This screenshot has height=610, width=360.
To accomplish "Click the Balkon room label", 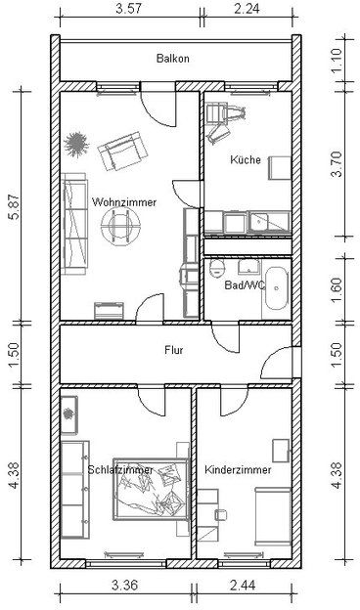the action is coord(173,59).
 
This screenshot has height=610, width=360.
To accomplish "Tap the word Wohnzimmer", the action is coord(124,202).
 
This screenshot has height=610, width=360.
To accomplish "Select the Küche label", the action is coord(246,159).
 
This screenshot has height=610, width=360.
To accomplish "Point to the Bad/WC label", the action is coord(245,285).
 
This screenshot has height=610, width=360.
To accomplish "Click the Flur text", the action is coord(174,350).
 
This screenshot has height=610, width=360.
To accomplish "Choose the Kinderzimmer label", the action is coord(238,469).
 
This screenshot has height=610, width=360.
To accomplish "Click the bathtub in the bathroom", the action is coord(276,288).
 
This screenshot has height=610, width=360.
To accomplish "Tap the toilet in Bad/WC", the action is coord(217,269).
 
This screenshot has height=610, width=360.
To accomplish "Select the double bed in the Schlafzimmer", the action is coord(151,489).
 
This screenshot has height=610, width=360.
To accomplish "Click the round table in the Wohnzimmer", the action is coord(120,225).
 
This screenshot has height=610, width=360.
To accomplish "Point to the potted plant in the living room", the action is coord(76,144).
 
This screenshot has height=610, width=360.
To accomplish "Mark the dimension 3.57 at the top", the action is coord(128,9).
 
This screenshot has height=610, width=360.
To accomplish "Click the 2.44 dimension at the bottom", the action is coord(244,586).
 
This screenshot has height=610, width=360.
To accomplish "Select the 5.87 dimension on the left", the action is coord(16,207).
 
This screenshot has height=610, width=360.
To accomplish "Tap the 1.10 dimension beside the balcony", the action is coord(337,58).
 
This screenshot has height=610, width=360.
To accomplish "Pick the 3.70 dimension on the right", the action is coord(337,164).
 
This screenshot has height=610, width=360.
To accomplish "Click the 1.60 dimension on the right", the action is coord(337,289).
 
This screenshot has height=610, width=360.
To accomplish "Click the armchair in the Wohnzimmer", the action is coord(122,151).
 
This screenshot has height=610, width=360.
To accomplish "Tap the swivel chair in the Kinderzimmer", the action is coord(221,514).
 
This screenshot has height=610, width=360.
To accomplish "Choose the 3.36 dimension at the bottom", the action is coord(124,586).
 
